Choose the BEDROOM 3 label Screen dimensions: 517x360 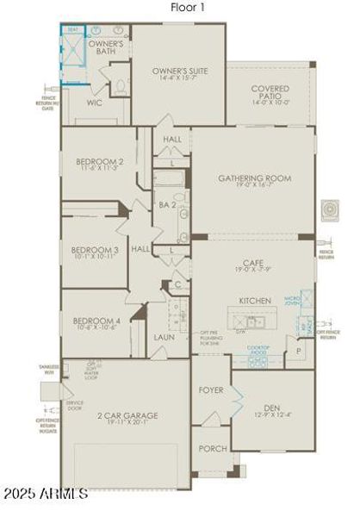pyautogui.click(x=95, y=253)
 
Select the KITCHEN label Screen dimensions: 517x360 pyautogui.click(x=255, y=301)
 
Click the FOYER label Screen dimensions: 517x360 pyautogui.click(x=211, y=390)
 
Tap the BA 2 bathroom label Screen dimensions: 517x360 pyautogui.click(x=167, y=205)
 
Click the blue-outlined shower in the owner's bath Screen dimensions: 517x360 pyautogui.click(x=73, y=54)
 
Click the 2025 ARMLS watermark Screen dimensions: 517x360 pyautogui.click(x=45, y=494)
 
